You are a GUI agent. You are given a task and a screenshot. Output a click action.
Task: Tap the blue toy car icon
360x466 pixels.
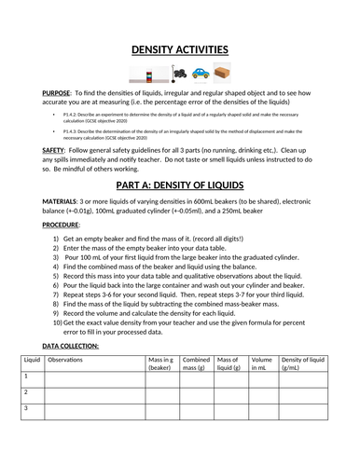(x=202, y=72)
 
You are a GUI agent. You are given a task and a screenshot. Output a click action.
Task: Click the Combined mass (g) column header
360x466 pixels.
(x=196, y=363)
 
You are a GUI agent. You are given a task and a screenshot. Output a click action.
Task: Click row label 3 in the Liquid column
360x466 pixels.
(x=27, y=409)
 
